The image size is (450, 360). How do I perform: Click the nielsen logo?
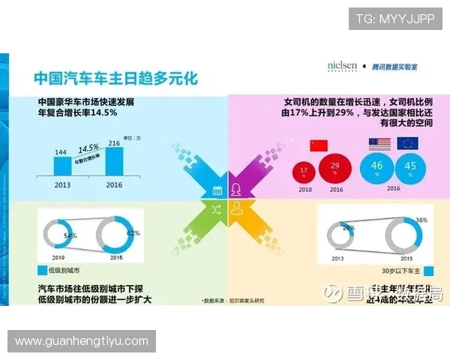342,66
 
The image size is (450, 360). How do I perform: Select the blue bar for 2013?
61,166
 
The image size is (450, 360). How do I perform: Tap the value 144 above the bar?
61,151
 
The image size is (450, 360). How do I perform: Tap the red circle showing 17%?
304,171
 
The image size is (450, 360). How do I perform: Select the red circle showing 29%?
335,167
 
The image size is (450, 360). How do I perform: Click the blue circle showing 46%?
377,167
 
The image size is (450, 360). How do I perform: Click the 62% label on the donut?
133,232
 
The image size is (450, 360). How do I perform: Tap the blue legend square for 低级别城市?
41,270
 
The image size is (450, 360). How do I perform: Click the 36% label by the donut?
421,220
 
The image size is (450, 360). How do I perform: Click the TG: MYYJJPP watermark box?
395,18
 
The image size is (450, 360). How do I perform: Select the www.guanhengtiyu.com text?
82,341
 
